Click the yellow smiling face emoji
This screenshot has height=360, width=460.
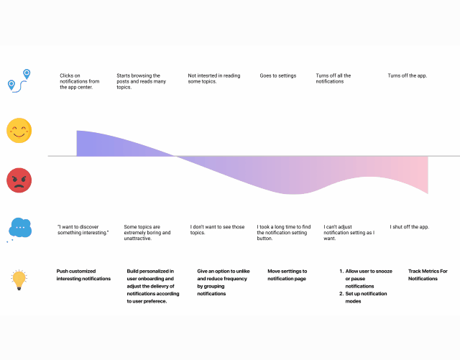point(19,130)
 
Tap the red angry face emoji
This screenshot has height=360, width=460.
point(19,180)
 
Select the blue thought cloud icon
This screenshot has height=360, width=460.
point(19,228)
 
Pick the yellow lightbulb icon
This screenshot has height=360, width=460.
point(19,280)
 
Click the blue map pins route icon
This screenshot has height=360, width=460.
point(19,80)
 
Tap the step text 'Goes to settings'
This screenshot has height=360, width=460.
point(277,75)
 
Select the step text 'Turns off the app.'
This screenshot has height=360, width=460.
point(408,75)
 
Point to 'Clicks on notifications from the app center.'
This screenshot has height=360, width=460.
point(79,81)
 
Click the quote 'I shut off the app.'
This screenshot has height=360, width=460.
point(410,227)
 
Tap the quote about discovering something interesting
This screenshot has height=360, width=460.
point(83,230)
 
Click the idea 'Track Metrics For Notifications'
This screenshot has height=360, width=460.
point(427,274)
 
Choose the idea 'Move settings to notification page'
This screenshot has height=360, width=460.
point(286,274)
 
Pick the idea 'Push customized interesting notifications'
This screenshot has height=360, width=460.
point(83,274)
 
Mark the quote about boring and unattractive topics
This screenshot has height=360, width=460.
point(148,233)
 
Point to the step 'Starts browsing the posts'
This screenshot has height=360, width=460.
point(142,81)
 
